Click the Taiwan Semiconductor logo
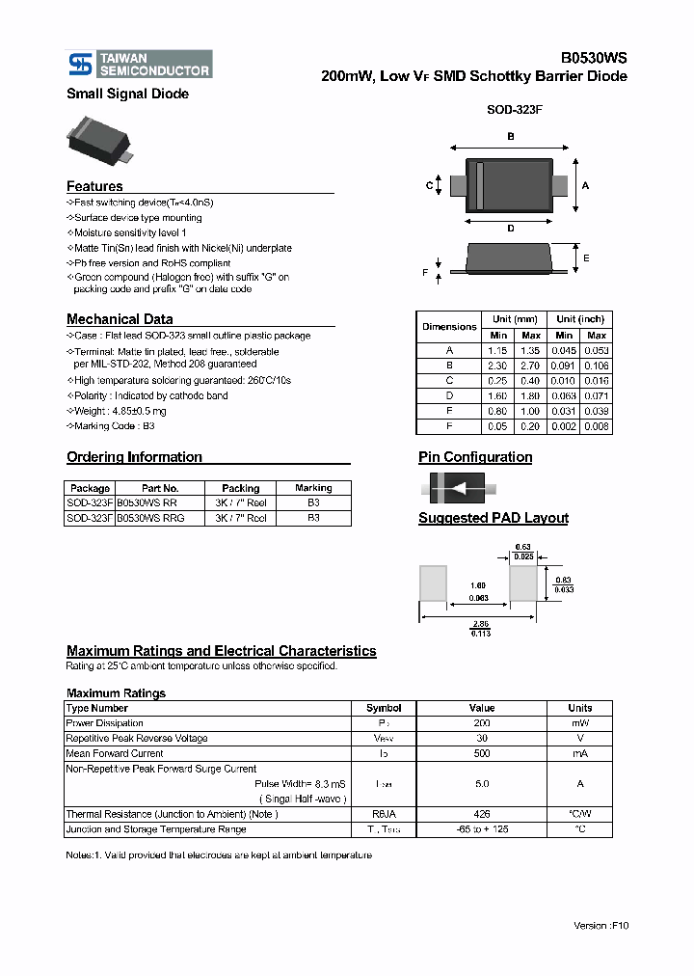tap(139, 64)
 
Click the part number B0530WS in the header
tap(595, 58)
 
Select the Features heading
tap(94, 186)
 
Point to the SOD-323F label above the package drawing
tap(514, 111)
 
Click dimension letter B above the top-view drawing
tap(510, 136)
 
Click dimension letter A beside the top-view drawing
tap(585, 185)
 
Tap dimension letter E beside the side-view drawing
tap(586, 258)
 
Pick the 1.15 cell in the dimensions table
tap(497, 351)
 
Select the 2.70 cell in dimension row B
tap(530, 366)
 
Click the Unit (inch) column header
tap(580, 319)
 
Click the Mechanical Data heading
tap(120, 319)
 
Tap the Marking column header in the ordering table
tap(313, 488)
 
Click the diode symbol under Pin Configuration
tap(457, 487)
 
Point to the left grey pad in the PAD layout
tap(433, 583)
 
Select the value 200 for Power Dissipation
tap(482, 723)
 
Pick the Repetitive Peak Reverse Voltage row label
tap(137, 738)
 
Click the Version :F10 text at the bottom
tap(601, 925)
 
